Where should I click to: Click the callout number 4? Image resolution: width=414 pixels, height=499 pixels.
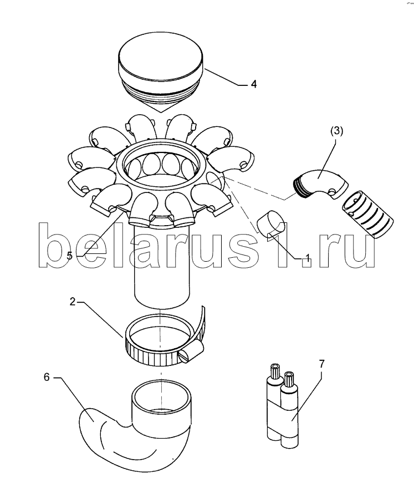pyautogui.click(x=254, y=84)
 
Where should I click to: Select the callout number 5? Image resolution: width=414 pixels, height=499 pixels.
pyautogui.click(x=70, y=255)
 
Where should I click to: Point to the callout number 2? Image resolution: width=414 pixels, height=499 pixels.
pyautogui.click(x=73, y=302)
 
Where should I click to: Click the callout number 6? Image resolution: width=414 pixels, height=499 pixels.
pyautogui.click(x=47, y=377)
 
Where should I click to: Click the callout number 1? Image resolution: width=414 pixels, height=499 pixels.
pyautogui.click(x=307, y=257)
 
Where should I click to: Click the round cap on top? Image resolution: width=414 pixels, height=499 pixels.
pyautogui.click(x=161, y=69)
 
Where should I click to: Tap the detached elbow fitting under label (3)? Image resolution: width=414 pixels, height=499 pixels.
pyautogui.click(x=320, y=185)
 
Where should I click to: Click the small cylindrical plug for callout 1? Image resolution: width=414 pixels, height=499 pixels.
pyautogui.click(x=271, y=224)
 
